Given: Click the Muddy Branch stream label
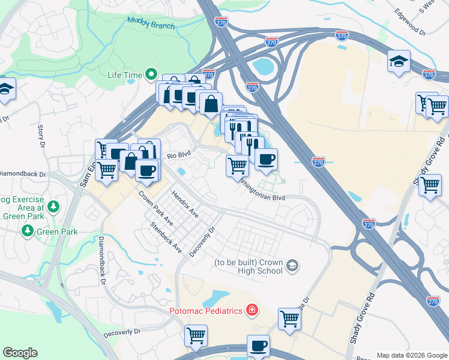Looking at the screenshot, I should tap(151, 26).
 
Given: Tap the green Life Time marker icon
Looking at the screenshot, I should tap(151, 74).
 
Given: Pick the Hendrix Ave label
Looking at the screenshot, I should tap(184, 204).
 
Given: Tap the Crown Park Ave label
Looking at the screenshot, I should tap(155, 208).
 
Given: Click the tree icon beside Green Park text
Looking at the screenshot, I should tap(27, 230).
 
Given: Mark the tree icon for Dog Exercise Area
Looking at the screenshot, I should tap(54, 206).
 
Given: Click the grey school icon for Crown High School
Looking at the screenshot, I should tap(292, 265).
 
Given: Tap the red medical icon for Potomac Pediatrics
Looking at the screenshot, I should tap(252, 310).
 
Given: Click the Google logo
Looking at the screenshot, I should tap(20, 353).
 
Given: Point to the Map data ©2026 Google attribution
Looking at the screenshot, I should tap(411, 355).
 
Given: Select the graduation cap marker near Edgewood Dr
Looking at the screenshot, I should tap(399, 61).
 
